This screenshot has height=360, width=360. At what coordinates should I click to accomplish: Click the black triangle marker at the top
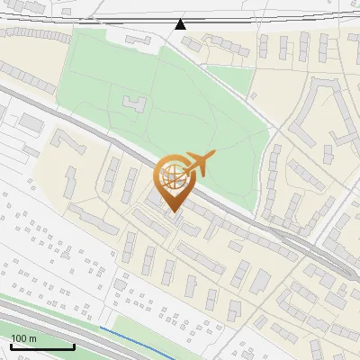pyautogui.click(x=181, y=24)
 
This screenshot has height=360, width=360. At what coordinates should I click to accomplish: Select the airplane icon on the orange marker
pyautogui.click(x=199, y=163)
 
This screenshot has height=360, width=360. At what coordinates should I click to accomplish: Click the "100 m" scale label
pyautogui.click(x=24, y=337)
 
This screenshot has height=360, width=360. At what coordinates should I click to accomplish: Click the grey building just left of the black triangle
pyautogui.click(x=139, y=40)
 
